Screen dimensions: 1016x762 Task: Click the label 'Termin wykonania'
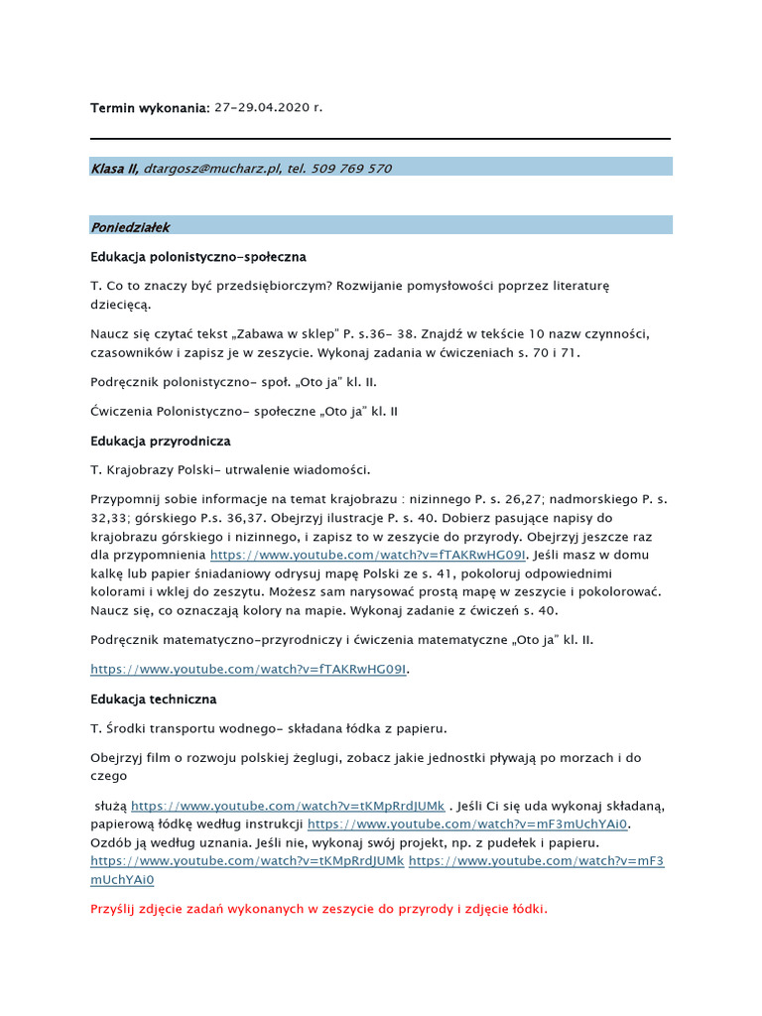coord(149,107)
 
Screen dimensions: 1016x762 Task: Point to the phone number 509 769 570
coord(351,169)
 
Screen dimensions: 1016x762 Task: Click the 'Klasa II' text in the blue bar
coord(113,169)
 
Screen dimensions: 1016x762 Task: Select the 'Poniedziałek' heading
coord(131,227)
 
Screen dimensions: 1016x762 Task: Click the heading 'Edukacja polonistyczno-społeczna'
coord(198,257)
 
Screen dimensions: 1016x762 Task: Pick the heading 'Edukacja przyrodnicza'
coord(161,441)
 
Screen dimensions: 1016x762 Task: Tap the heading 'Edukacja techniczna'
coord(153,699)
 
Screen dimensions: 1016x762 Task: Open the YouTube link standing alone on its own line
coord(249,670)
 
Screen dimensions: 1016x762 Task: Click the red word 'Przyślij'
coord(116,908)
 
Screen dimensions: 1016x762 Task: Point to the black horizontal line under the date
coord(380,138)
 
